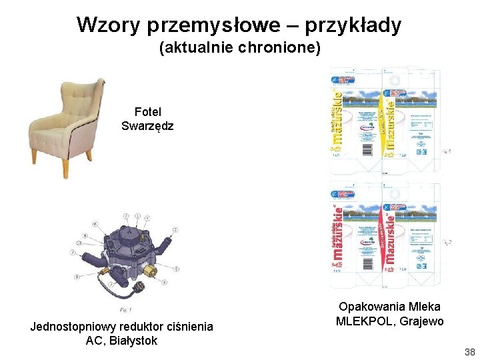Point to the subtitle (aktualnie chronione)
coord(240,48)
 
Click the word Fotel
coord(148,112)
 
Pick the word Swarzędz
coord(148,125)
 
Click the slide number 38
coord(469,352)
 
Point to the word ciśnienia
coord(191,327)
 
